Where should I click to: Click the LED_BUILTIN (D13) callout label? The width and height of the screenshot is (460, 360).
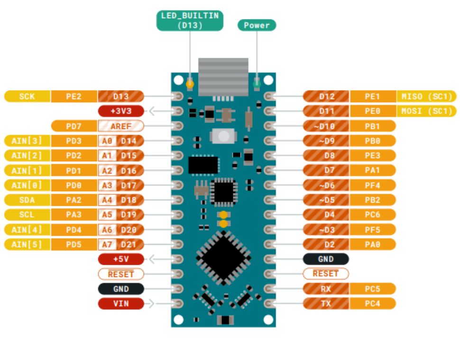pos(190,20)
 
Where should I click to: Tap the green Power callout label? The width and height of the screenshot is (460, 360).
pos(257,25)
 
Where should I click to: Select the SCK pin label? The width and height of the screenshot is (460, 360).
pos(27,97)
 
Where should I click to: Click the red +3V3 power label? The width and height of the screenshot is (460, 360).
pos(121,111)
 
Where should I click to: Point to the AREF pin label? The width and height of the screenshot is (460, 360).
pos(121,126)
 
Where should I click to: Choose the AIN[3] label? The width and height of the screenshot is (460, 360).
pos(27,141)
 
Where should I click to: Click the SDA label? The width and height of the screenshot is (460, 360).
pos(27,200)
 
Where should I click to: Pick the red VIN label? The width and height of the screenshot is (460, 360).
pos(121,304)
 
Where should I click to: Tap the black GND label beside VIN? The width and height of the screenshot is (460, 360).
pos(121,289)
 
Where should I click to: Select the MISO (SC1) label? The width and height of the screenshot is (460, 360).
pos(426,97)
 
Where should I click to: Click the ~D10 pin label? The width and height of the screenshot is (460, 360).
pos(326,126)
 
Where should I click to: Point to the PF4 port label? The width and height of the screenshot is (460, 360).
pos(373,185)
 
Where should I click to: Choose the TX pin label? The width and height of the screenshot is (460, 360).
pos(326,304)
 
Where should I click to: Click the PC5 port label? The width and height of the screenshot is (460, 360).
pos(373,289)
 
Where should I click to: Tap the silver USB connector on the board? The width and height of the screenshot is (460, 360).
pos(223,77)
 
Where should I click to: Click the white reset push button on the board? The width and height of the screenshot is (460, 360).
pos(223,136)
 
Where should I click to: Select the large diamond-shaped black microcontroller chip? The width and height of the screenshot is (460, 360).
pos(223,258)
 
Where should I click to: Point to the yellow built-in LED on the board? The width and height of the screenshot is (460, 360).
pos(190,84)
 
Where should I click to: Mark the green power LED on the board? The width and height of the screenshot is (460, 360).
pos(257,84)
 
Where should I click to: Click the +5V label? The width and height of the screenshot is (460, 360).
pos(121,259)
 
